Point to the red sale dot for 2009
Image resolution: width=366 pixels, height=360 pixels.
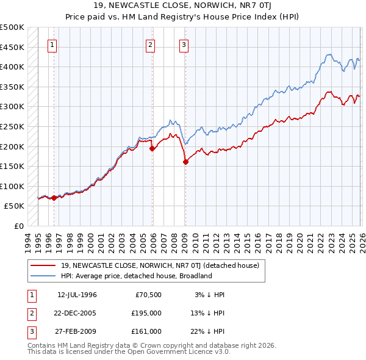pyautogui.click(x=185, y=162)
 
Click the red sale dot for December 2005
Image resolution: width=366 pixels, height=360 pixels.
pyautogui.click(x=152, y=148)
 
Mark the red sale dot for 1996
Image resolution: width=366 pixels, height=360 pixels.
pyautogui.click(x=54, y=198)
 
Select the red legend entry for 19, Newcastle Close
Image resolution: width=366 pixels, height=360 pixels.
pyautogui.click(x=160, y=265)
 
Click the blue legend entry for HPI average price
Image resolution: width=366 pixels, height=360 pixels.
pyautogui.click(x=135, y=276)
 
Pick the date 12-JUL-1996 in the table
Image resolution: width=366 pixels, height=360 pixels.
pyautogui.click(x=77, y=295)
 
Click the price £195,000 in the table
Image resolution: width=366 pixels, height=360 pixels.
pyautogui.click(x=146, y=313)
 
